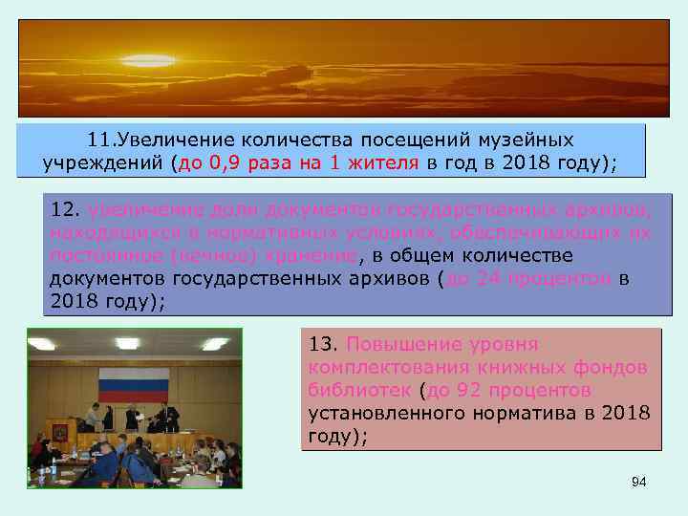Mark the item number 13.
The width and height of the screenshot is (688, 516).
(323, 344)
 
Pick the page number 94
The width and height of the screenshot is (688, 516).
(638, 483)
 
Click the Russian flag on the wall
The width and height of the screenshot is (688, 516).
(134, 386)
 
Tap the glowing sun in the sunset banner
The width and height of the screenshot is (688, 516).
(148, 61)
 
